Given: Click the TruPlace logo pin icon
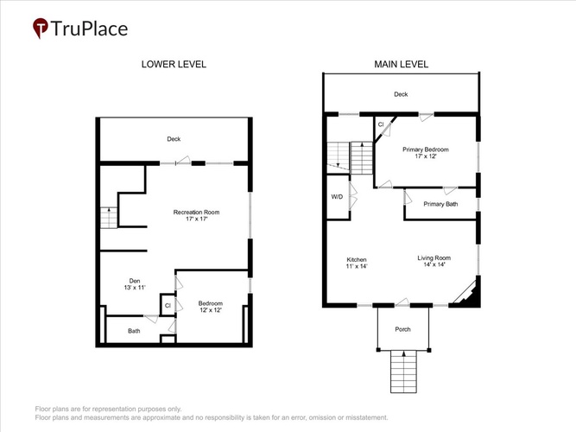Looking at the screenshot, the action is pos(40,28).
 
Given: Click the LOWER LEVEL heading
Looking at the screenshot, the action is pos(174,64).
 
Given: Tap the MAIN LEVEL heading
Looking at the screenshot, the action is pos(402,64).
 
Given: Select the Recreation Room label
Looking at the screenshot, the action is pos(197,215).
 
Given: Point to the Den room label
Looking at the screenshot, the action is pos(135,284).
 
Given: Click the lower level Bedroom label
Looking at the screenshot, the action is pos(211,307).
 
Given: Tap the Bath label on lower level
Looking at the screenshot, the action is pos(134,331).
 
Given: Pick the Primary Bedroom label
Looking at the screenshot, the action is pos(426,153).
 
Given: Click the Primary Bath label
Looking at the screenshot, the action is pos(440,204).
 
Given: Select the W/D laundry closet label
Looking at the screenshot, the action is pos(338,197).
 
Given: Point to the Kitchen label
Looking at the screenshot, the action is pos(357,263).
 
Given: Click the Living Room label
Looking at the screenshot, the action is pos(434,261).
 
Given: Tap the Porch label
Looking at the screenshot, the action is pos(403,329).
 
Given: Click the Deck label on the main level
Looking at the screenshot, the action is pos(401,94).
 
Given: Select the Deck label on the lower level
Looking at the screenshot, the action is pos(174,139).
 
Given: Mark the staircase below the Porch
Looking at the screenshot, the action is pos(403,372).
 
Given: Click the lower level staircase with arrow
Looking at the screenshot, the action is pos(109,218).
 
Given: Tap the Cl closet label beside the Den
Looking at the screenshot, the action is pos(168,306).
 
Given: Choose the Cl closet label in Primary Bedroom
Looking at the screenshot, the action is pos(381,124).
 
